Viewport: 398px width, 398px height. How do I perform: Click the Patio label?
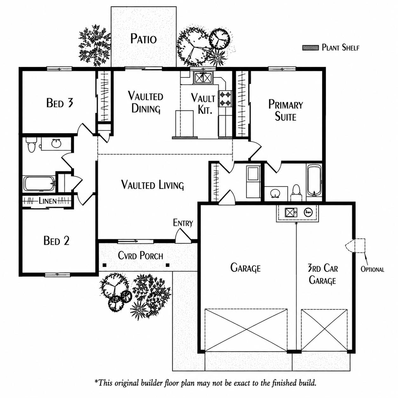[x=143, y=39]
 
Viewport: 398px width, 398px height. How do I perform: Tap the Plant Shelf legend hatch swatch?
[x=310, y=48]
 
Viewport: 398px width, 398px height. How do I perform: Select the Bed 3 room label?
[x=60, y=103]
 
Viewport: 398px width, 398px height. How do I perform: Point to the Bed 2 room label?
[x=56, y=241]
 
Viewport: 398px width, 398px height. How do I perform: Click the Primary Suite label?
[x=286, y=110]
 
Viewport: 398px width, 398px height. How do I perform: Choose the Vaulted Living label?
[x=152, y=185]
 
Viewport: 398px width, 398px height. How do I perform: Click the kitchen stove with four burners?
[x=225, y=99]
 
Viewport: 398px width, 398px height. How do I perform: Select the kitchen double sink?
[x=203, y=78]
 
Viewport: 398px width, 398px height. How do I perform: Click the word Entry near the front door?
[x=183, y=223]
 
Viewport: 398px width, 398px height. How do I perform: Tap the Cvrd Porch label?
[x=141, y=256]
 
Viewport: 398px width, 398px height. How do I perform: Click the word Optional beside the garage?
[x=372, y=269]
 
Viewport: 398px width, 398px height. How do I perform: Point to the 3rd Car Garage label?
[x=322, y=275]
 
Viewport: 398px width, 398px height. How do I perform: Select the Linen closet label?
[x=48, y=201]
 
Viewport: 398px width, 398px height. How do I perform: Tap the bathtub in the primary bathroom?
[x=314, y=180]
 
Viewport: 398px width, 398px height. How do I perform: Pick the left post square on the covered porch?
[x=105, y=265]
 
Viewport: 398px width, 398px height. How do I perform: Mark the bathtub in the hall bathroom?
[x=39, y=183]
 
